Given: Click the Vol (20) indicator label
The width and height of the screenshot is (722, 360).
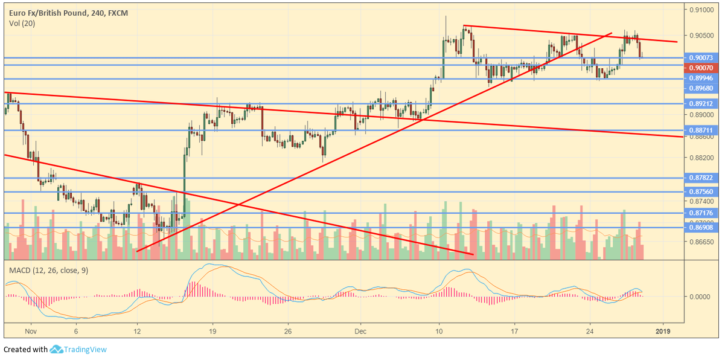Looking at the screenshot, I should tap(22, 23).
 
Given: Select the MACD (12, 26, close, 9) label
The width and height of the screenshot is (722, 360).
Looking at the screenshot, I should tap(48, 270).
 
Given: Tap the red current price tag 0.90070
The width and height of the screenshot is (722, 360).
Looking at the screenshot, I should tap(701, 68).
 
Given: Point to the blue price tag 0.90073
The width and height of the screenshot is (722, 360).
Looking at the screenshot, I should tap(701, 58).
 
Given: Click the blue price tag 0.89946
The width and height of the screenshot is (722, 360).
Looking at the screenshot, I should tap(701, 79).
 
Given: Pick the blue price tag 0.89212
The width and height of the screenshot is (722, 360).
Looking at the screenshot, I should tap(701, 104).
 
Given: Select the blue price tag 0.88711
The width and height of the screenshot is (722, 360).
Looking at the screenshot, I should tap(701, 130).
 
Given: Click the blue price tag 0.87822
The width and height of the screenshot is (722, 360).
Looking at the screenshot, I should tap(701, 178).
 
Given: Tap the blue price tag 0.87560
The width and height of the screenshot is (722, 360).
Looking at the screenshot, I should tap(701, 191).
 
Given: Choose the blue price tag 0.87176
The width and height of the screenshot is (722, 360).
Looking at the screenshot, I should tap(701, 213).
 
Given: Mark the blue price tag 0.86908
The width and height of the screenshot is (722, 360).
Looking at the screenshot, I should tap(701, 228).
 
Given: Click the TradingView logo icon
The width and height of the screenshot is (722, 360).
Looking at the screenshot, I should tap(57, 349).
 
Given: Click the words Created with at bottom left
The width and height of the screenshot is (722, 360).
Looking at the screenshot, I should tap(25, 350).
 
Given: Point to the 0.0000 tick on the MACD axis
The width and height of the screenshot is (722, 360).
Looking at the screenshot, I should tap(701, 297).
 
